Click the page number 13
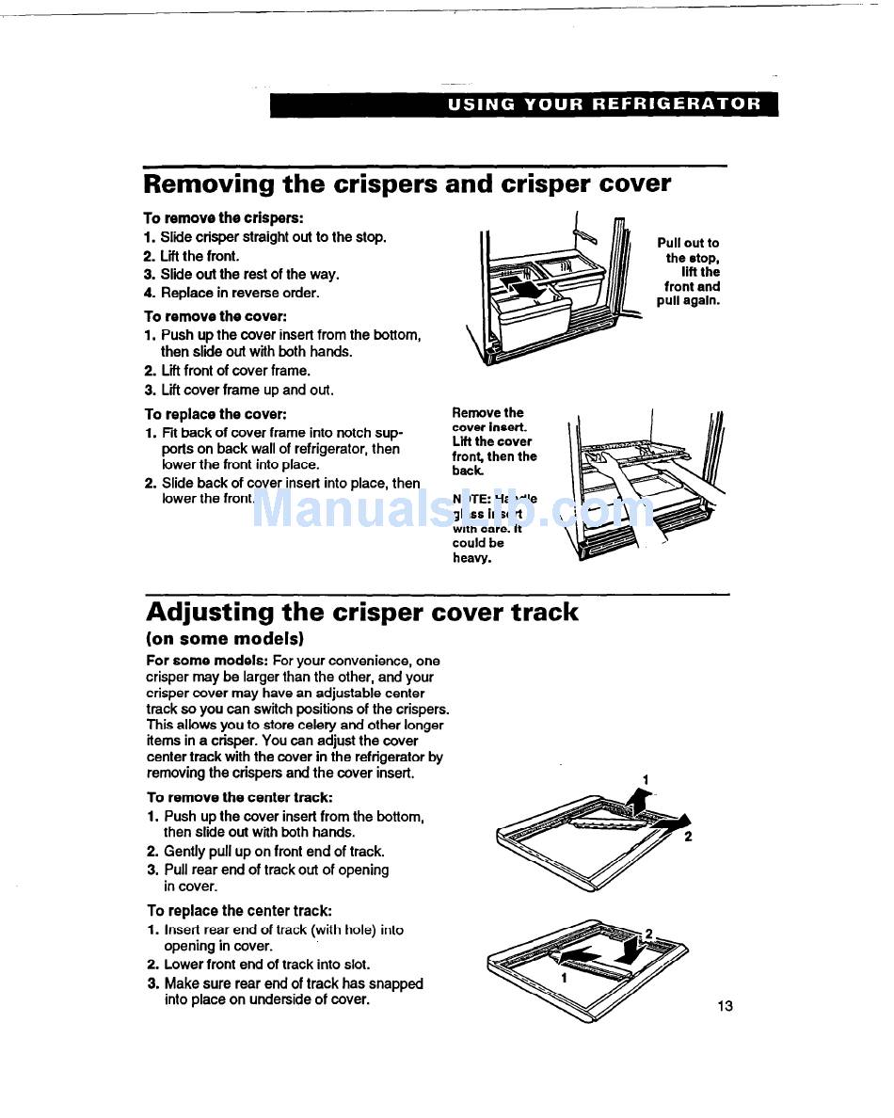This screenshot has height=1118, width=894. click(724, 1006)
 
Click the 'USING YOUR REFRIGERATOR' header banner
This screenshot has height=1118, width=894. click(604, 104)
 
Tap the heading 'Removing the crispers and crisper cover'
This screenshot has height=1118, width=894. click(407, 184)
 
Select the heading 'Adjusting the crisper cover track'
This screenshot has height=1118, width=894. click(362, 612)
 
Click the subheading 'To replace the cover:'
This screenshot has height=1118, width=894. click(215, 414)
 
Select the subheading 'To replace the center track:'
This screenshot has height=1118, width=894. click(239, 910)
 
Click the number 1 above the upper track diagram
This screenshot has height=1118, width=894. click(646, 779)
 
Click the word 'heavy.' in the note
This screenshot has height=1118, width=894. click(472, 558)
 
